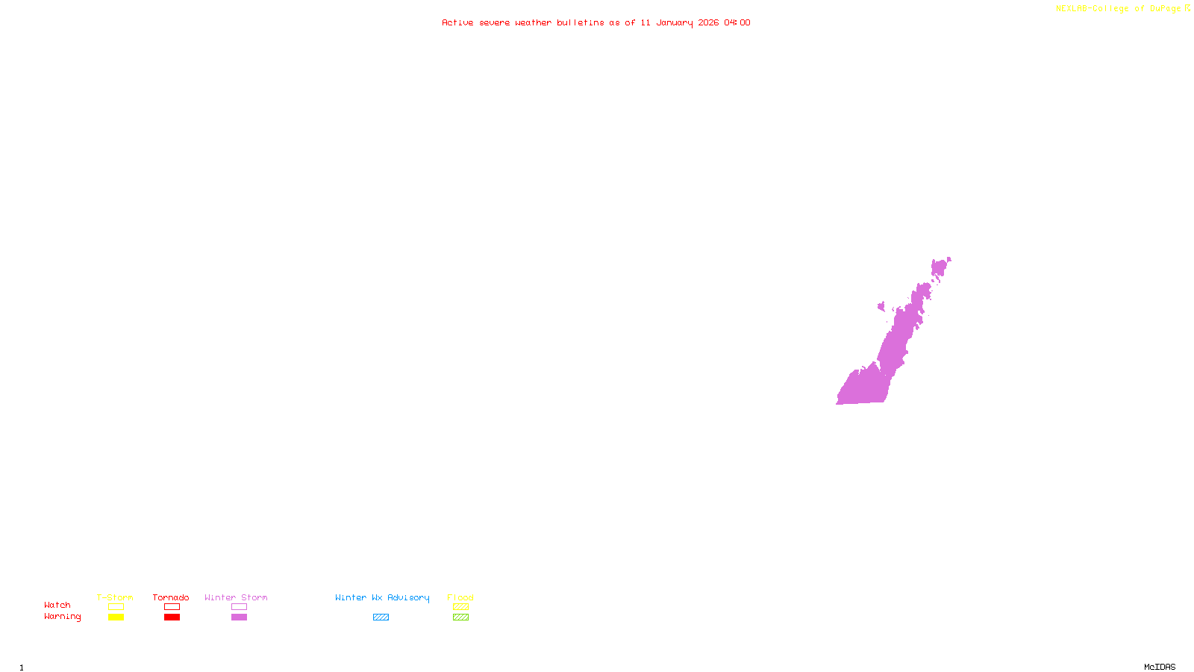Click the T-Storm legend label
[115, 597]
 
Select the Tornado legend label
[171, 597]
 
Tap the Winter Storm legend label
[236, 597]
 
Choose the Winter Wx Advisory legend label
[382, 597]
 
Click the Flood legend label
[460, 597]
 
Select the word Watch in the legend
[57, 605]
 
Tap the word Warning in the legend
[63, 617]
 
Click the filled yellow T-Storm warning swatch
[116, 617]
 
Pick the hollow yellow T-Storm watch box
[116, 607]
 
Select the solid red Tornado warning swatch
[172, 617]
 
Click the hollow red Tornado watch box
[172, 607]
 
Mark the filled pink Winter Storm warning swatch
[239, 617]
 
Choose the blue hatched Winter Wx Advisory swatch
[381, 617]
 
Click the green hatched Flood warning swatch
[460, 617]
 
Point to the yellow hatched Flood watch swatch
[460, 607]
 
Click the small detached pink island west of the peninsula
[881, 306]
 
